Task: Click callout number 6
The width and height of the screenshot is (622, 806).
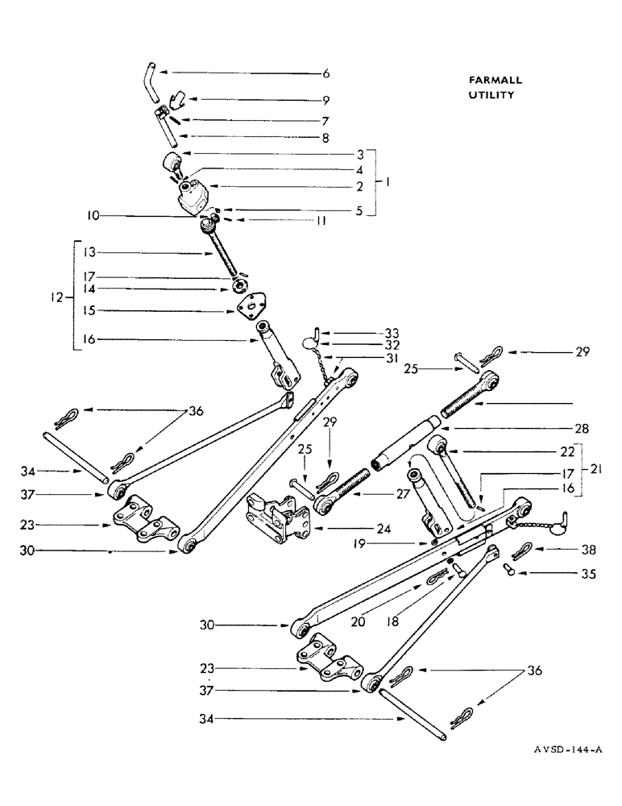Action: pyautogui.click(x=326, y=73)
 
